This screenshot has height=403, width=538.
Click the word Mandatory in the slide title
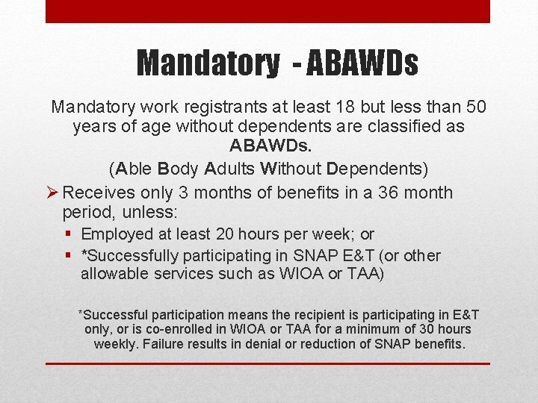(207, 63)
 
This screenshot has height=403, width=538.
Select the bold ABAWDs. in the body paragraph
(268, 146)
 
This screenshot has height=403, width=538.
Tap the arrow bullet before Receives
(52, 193)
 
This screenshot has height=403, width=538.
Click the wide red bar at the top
(268, 11)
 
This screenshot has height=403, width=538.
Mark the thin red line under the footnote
(268, 363)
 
